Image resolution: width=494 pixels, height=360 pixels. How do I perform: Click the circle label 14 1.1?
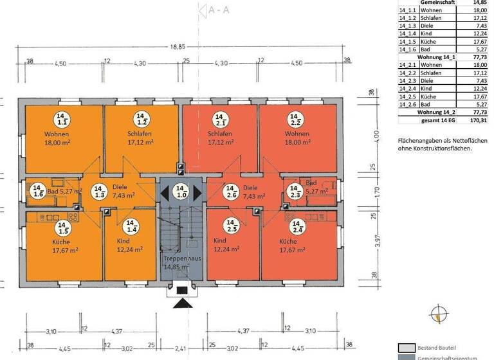point(63,118)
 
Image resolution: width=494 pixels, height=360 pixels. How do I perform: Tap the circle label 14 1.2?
point(142,118)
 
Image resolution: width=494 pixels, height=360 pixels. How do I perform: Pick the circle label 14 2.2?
point(297,118)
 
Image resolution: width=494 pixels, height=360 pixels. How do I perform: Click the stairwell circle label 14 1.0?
point(181,191)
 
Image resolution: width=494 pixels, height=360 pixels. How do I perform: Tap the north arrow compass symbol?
point(439,314)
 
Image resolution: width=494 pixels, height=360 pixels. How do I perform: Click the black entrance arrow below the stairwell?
point(181,302)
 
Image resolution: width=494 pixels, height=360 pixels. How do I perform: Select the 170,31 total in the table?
point(477,119)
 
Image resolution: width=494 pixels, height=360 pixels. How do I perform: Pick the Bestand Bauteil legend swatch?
point(407,346)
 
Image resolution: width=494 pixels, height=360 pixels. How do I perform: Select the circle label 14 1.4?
point(132,226)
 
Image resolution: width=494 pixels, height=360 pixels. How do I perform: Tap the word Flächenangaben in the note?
point(416,140)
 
